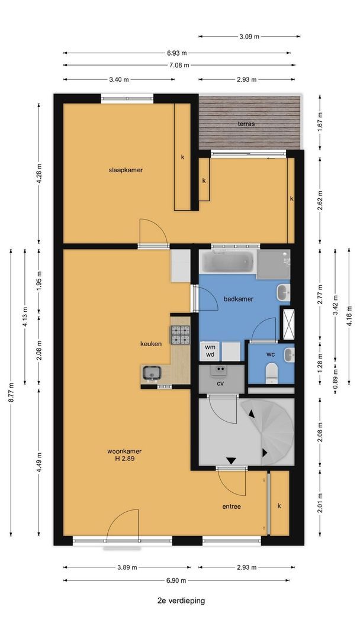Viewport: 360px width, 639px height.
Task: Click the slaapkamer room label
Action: coord(126,170)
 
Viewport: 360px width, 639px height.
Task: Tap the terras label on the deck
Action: coord(247,124)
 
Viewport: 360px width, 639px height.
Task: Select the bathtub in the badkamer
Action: coord(227,262)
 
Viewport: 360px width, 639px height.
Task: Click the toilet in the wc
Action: coord(272,373)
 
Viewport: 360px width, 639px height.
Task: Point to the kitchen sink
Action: coord(151,373)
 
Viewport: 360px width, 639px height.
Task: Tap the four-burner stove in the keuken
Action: coord(180,335)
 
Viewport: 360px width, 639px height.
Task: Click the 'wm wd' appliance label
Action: coord(210,350)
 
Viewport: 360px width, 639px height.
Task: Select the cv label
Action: coord(221,383)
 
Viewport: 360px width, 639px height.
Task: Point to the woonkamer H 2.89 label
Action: coord(125,455)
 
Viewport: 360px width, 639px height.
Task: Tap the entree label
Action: coord(232,506)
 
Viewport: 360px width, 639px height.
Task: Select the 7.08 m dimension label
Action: coord(179,65)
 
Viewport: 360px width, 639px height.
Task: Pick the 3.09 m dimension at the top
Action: coord(249,36)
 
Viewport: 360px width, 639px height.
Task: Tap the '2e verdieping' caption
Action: coord(181,601)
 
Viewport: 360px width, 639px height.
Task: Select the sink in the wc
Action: coord(289,354)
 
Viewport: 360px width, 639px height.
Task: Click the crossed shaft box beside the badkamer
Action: coord(288,325)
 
